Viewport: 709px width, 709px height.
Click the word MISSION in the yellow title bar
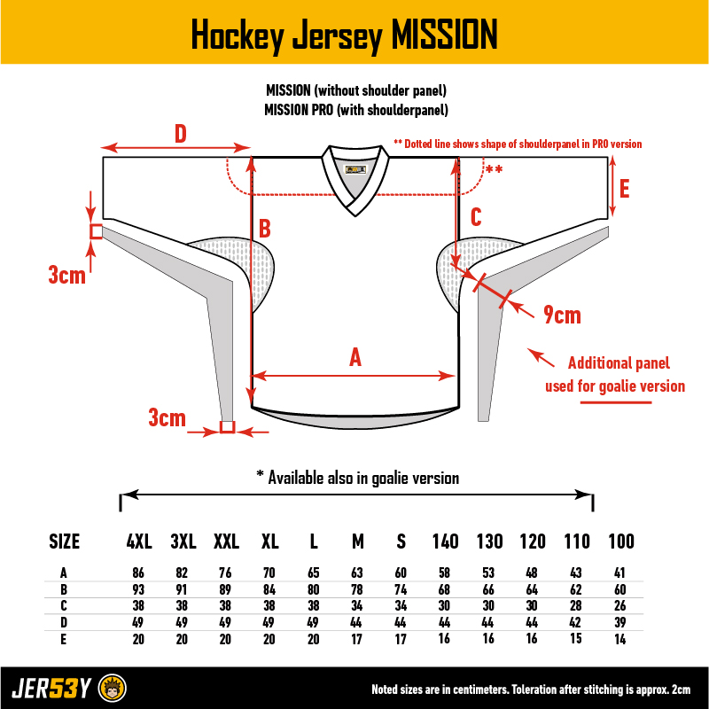[x=444, y=35]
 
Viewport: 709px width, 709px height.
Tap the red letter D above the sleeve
[x=181, y=134]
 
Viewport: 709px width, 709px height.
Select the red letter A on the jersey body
[x=355, y=357]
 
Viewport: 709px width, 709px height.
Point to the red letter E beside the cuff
[x=624, y=189]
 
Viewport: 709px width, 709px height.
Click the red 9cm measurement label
[x=562, y=315]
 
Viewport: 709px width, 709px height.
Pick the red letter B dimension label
[x=264, y=229]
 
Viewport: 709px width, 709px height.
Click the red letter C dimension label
[x=476, y=217]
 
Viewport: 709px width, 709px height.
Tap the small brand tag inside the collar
[x=356, y=169]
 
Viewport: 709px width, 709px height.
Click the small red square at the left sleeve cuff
[x=97, y=231]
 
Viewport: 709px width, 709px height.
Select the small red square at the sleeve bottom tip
[x=228, y=427]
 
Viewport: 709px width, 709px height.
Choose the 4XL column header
[x=139, y=541]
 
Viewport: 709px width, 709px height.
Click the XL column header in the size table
[x=270, y=541]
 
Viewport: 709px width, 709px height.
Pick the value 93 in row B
[x=138, y=589]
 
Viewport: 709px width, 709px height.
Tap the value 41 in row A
[x=619, y=573]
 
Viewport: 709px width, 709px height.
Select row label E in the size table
[x=63, y=639]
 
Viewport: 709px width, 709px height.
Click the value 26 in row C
[x=619, y=606]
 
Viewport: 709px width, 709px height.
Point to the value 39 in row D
[x=619, y=623]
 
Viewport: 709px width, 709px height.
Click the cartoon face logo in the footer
[x=113, y=689]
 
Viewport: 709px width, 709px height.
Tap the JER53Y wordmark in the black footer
[x=51, y=689]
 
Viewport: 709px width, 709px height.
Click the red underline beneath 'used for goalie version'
[x=616, y=402]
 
